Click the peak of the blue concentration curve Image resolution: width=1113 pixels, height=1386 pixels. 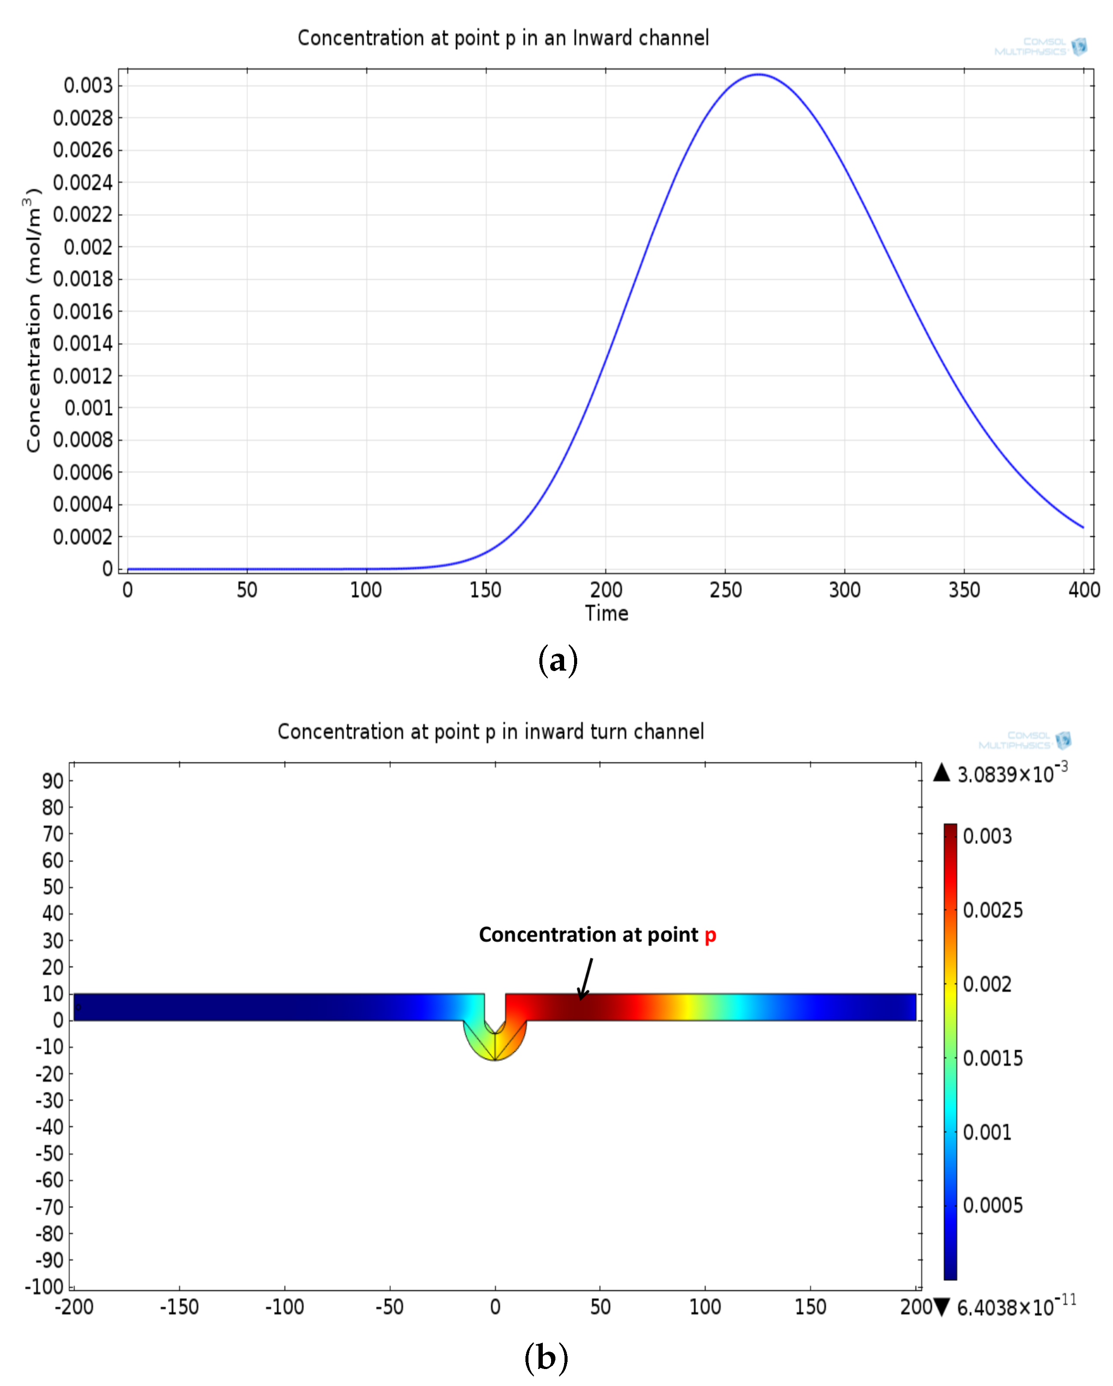coord(759,75)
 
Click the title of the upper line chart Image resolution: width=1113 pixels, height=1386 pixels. coord(503,38)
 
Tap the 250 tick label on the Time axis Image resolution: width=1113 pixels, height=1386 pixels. coord(725,589)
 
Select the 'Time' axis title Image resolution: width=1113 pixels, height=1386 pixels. coord(606,613)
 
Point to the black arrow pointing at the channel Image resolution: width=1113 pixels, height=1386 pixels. coord(585,978)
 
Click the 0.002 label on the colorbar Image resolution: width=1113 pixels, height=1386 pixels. coord(987,984)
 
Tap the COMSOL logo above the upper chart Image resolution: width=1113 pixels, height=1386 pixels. coord(1041,46)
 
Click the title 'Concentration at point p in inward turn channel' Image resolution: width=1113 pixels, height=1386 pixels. coord(491,731)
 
